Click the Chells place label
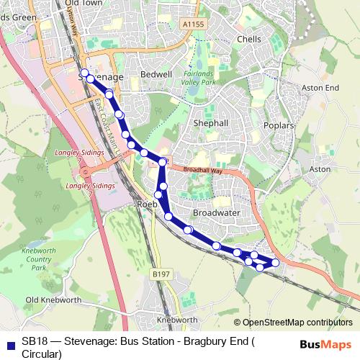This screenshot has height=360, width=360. tap(249, 39)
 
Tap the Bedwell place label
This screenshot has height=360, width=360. tap(156, 74)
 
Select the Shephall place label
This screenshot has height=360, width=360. tap(211, 123)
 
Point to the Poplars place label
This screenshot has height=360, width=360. tap(279, 125)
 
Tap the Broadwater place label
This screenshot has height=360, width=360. tap(216, 214)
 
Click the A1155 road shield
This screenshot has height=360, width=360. tap(194, 24)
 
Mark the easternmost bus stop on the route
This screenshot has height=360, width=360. tap(275, 262)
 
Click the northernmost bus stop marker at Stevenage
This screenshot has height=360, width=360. tap(85, 72)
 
